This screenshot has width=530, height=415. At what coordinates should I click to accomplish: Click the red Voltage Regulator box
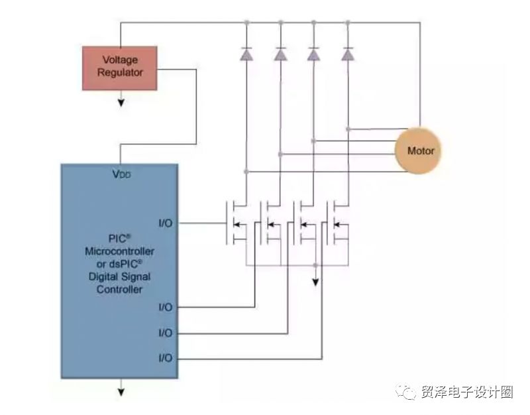[120, 68]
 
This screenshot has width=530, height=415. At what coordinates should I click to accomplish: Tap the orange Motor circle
[418, 150]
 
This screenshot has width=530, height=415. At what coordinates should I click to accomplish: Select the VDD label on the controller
[121, 174]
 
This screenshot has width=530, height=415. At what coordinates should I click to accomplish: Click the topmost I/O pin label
[165, 223]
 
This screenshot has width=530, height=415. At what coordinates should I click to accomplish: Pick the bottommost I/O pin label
[165, 358]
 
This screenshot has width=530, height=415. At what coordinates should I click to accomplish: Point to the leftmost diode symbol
[246, 54]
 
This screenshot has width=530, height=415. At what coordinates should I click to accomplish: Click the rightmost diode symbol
[348, 54]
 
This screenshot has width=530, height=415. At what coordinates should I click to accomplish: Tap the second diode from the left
[280, 54]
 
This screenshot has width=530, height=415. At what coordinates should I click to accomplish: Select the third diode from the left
[313, 54]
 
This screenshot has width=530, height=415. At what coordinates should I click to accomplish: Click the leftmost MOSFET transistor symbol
[237, 223]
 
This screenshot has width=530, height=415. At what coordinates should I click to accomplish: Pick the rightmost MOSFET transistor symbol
[337, 223]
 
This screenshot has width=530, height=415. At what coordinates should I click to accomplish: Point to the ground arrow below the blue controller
[121, 388]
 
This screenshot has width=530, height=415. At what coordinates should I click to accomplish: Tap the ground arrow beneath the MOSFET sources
[315, 276]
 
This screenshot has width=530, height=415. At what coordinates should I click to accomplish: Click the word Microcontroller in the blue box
[120, 251]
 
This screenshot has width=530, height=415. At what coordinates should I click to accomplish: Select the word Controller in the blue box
[120, 290]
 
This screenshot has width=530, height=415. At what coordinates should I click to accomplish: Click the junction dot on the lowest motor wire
[246, 172]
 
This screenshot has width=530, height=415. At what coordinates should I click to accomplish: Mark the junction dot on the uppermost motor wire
[348, 129]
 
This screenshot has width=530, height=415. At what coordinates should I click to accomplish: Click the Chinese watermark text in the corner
[467, 392]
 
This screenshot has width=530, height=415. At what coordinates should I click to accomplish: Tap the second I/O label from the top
[165, 307]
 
